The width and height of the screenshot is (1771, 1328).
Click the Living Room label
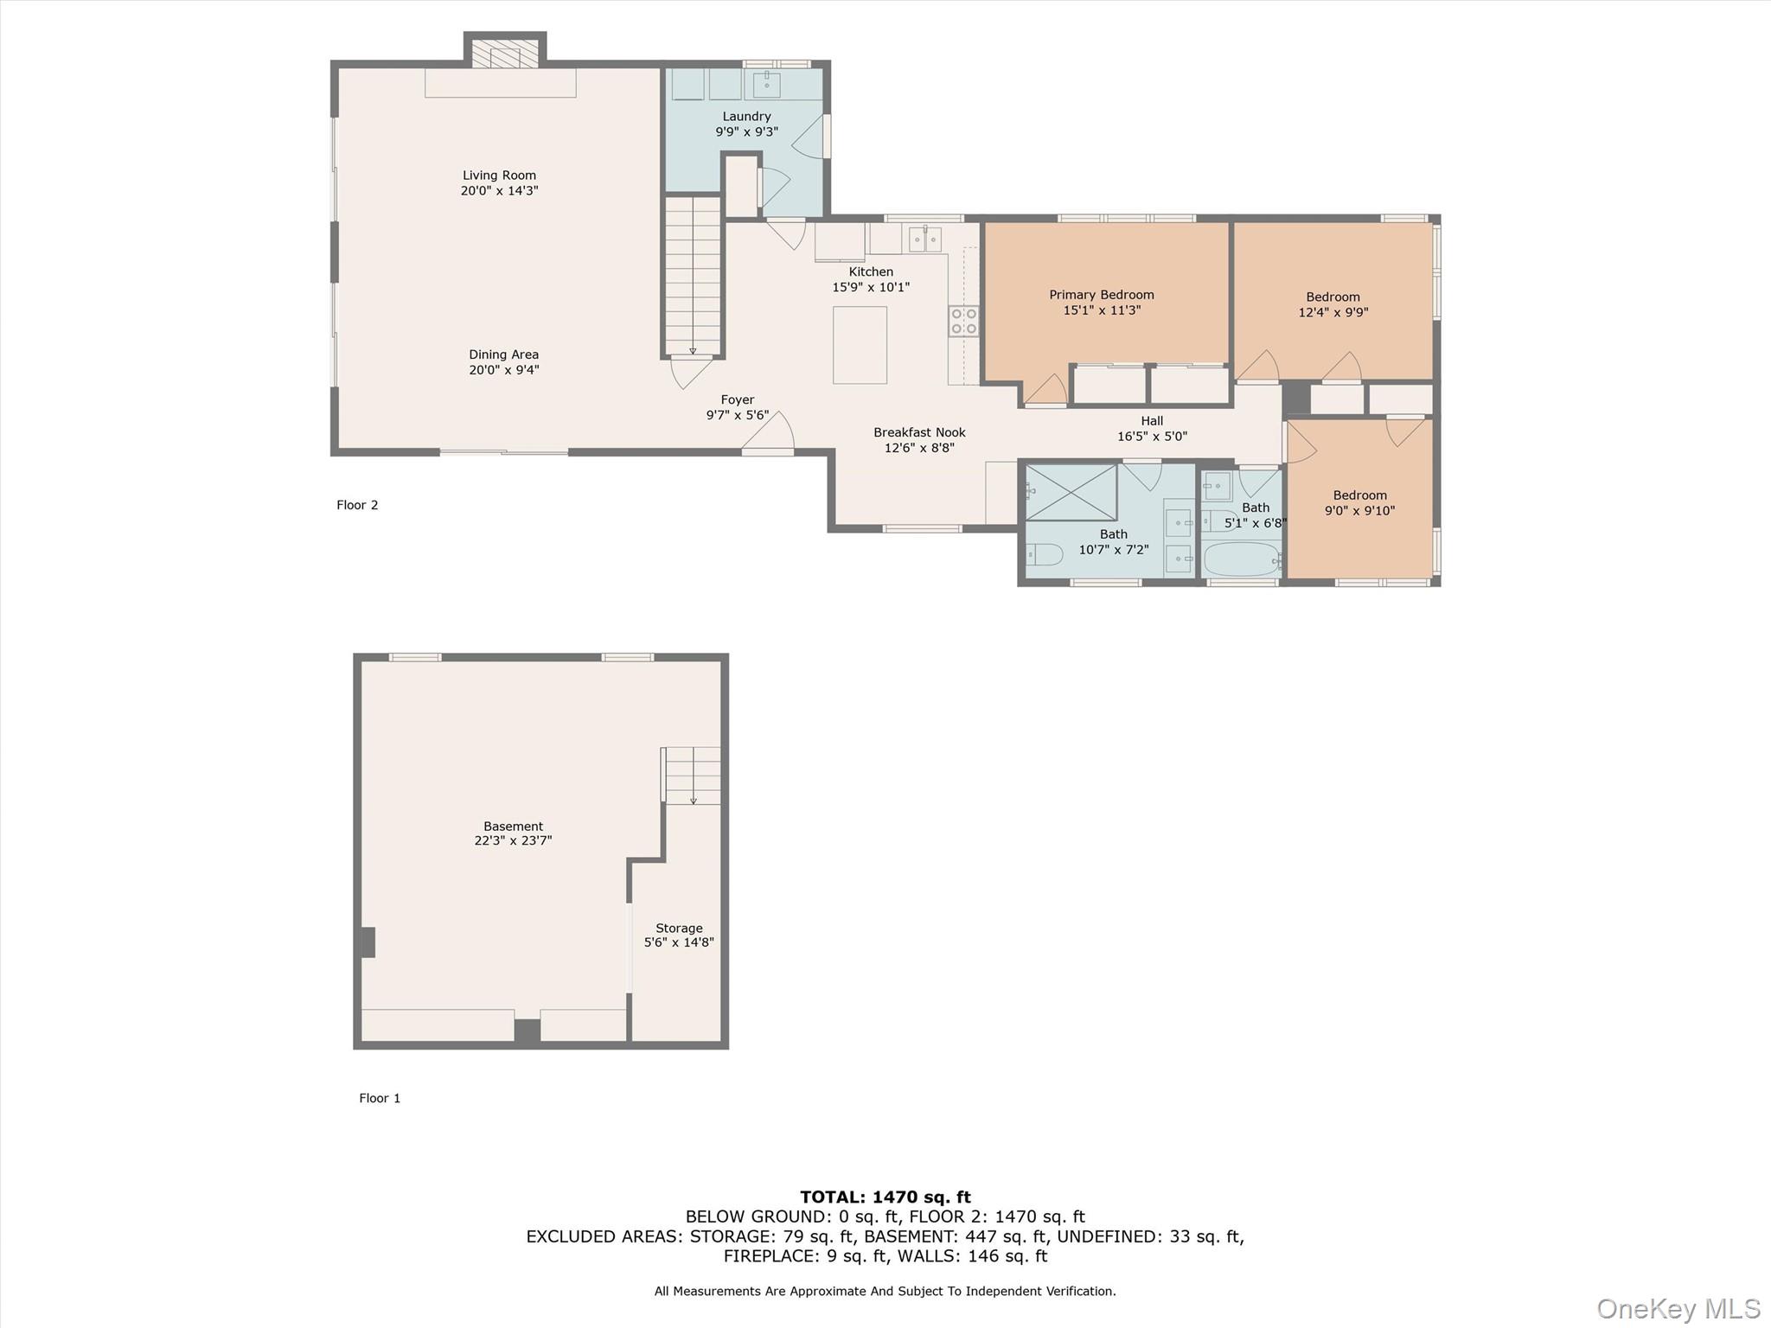pos(499,176)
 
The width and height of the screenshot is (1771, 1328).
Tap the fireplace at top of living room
pos(505,54)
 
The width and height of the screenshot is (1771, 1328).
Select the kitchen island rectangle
pos(860,345)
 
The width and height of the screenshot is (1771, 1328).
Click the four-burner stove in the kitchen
pos(963,321)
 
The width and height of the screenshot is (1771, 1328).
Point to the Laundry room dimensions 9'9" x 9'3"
pos(746,132)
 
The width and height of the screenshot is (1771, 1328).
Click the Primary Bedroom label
pos(1101,295)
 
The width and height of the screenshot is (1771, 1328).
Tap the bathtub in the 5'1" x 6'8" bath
pos(1242,559)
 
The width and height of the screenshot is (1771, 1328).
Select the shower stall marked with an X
pos(1071,493)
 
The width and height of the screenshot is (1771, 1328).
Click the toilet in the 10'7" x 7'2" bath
pos(1043,554)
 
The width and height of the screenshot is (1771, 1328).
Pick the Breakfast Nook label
pos(919,432)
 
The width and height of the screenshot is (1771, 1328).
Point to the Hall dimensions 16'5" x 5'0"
pos(1152,437)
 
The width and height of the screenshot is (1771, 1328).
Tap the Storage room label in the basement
pos(679,928)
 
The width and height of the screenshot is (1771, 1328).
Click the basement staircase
pos(692,776)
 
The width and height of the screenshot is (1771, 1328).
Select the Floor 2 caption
pos(357,505)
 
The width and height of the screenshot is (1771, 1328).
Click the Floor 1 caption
pos(380,1098)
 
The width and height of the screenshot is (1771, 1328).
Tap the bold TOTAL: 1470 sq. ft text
pos(885,1197)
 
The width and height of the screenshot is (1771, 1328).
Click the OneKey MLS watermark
pos(1678,1308)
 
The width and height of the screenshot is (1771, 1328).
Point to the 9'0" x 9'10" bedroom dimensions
pos(1359,511)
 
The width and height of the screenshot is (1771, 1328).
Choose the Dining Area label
pos(503,354)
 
